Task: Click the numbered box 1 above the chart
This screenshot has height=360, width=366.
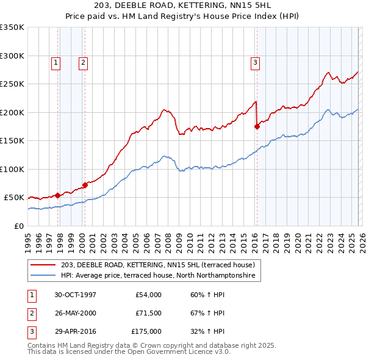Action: (x=56, y=62)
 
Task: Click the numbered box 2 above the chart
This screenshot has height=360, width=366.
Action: (x=82, y=62)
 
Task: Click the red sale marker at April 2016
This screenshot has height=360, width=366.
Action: (x=257, y=127)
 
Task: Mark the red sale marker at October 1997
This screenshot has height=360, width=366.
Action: (x=58, y=195)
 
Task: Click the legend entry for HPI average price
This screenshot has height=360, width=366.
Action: (x=160, y=276)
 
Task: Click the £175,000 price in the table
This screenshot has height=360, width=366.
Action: (x=146, y=331)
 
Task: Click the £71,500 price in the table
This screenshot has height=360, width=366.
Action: (x=148, y=313)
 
